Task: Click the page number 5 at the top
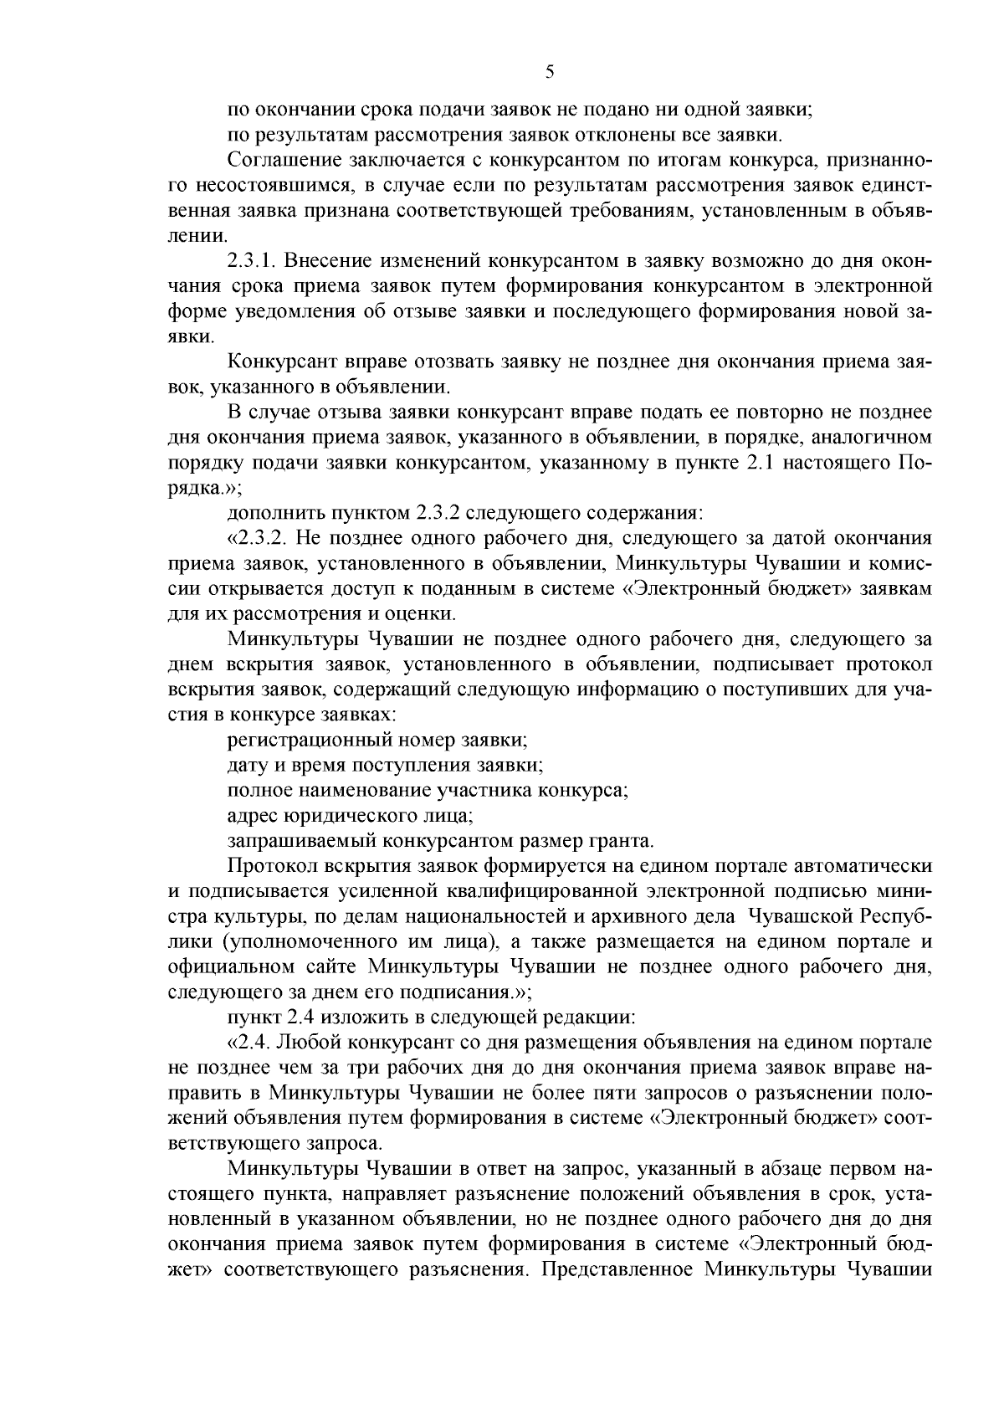(549, 72)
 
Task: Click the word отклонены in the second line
(566, 134)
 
